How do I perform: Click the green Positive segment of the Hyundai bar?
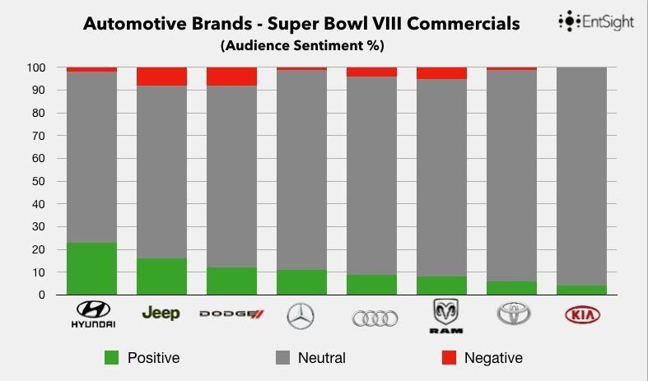pyautogui.click(x=91, y=268)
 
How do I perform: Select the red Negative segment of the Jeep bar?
pyautogui.click(x=161, y=77)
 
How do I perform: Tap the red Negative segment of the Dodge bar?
pyautogui.click(x=231, y=77)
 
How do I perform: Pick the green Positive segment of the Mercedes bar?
pyautogui.click(x=301, y=282)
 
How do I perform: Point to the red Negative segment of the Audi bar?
pyautogui.click(x=371, y=72)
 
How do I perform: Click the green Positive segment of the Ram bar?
pyautogui.click(x=441, y=286)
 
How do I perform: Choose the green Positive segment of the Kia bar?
pyautogui.click(x=582, y=290)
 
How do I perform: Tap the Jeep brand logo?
pyautogui.click(x=161, y=314)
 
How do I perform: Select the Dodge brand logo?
pyautogui.click(x=231, y=314)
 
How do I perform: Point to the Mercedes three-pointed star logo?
pyautogui.click(x=301, y=315)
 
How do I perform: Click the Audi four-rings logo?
pyautogui.click(x=375, y=318)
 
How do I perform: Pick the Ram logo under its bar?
pyautogui.click(x=446, y=316)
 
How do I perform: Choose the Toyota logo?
pyautogui.click(x=515, y=314)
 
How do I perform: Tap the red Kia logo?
pyautogui.click(x=582, y=315)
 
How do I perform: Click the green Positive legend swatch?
pyautogui.click(x=112, y=358)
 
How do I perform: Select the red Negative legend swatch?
pyautogui.click(x=449, y=358)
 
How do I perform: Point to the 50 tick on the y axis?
pyautogui.click(x=39, y=181)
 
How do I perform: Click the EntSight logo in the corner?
pyautogui.click(x=596, y=21)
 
